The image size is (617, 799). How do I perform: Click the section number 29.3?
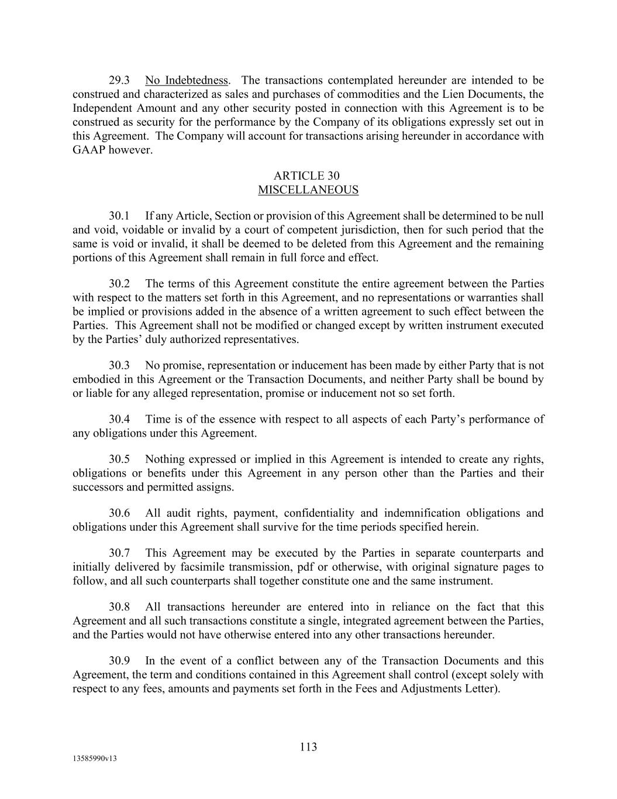(119, 80)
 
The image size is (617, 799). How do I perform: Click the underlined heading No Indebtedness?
(187, 80)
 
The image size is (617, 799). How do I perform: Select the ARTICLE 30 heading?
(308, 176)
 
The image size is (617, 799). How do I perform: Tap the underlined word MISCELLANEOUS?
(308, 190)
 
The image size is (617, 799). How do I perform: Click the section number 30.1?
(119, 216)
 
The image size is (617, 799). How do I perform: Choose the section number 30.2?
(119, 284)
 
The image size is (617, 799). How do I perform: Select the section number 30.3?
(119, 366)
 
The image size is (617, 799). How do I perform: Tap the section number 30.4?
(119, 420)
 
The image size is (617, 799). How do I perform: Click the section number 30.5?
(119, 459)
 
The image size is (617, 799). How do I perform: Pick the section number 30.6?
(119, 513)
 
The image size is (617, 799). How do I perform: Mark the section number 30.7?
(119, 553)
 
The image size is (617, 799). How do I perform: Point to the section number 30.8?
(119, 607)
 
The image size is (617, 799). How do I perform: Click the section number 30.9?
(119, 661)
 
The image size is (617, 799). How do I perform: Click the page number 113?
(308, 747)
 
